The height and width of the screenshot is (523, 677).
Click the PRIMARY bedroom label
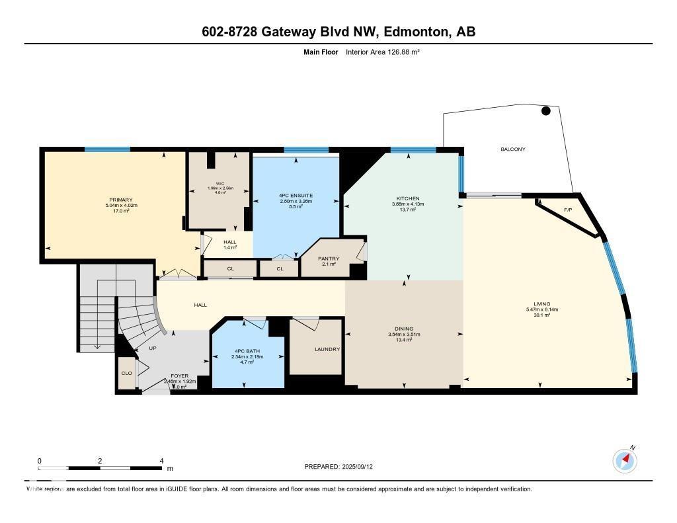(121, 200)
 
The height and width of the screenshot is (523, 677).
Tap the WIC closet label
(219, 183)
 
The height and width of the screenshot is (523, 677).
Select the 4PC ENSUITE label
(296, 196)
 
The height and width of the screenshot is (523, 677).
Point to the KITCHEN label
(408, 198)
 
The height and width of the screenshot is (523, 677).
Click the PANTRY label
(329, 259)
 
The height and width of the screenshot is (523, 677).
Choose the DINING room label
(404, 329)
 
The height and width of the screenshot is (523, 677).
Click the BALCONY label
(512, 149)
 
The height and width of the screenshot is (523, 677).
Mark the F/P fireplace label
(567, 210)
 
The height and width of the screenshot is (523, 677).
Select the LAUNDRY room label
(327, 349)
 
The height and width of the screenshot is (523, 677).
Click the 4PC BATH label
(247, 351)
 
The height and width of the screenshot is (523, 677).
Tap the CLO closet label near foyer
(126, 373)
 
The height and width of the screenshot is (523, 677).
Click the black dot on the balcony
(546, 111)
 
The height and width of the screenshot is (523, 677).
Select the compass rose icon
(625, 460)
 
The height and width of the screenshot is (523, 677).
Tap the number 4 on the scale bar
(161, 461)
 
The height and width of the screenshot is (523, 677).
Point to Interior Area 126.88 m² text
(383, 52)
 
